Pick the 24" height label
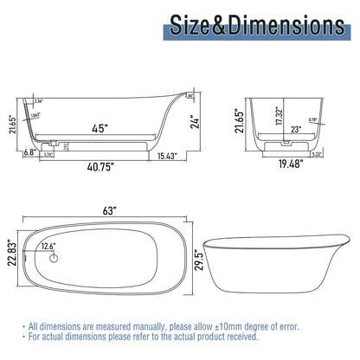[x=197, y=122]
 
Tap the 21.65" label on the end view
[x=237, y=115]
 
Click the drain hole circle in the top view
[x=54, y=259]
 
